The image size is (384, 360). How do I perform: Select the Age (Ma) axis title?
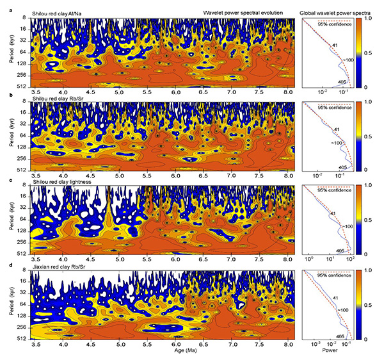point(163,351)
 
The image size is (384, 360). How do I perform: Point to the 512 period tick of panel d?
point(21,338)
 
